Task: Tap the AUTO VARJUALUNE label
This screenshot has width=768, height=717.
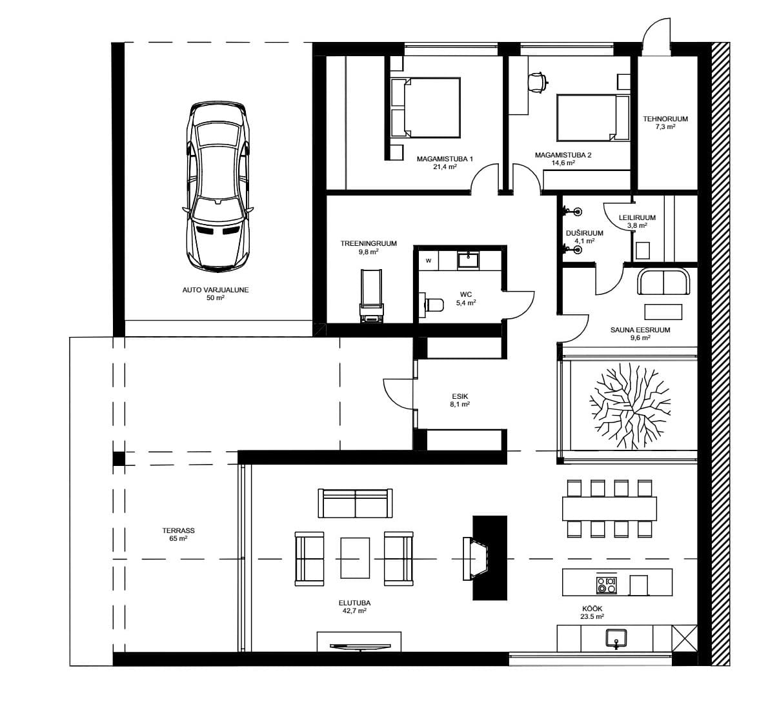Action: (x=216, y=290)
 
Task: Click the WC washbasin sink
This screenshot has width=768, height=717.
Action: (x=469, y=260)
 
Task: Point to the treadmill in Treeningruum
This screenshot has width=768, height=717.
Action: (x=371, y=296)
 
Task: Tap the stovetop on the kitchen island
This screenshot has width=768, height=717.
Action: (x=607, y=585)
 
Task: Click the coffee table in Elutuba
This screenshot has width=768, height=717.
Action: (x=355, y=558)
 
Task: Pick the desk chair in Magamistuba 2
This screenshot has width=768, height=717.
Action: (x=538, y=82)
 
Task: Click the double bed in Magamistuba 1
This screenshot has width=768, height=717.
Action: (x=426, y=107)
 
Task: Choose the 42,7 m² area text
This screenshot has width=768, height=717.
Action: (x=354, y=611)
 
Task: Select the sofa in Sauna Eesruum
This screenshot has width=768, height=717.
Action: (x=663, y=281)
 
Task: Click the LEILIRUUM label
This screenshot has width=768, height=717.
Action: (x=637, y=217)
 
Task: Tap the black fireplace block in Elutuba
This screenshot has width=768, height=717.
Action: (x=490, y=558)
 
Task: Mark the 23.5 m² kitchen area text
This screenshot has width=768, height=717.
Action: (x=592, y=616)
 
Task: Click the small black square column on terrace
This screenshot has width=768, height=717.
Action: (x=119, y=459)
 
